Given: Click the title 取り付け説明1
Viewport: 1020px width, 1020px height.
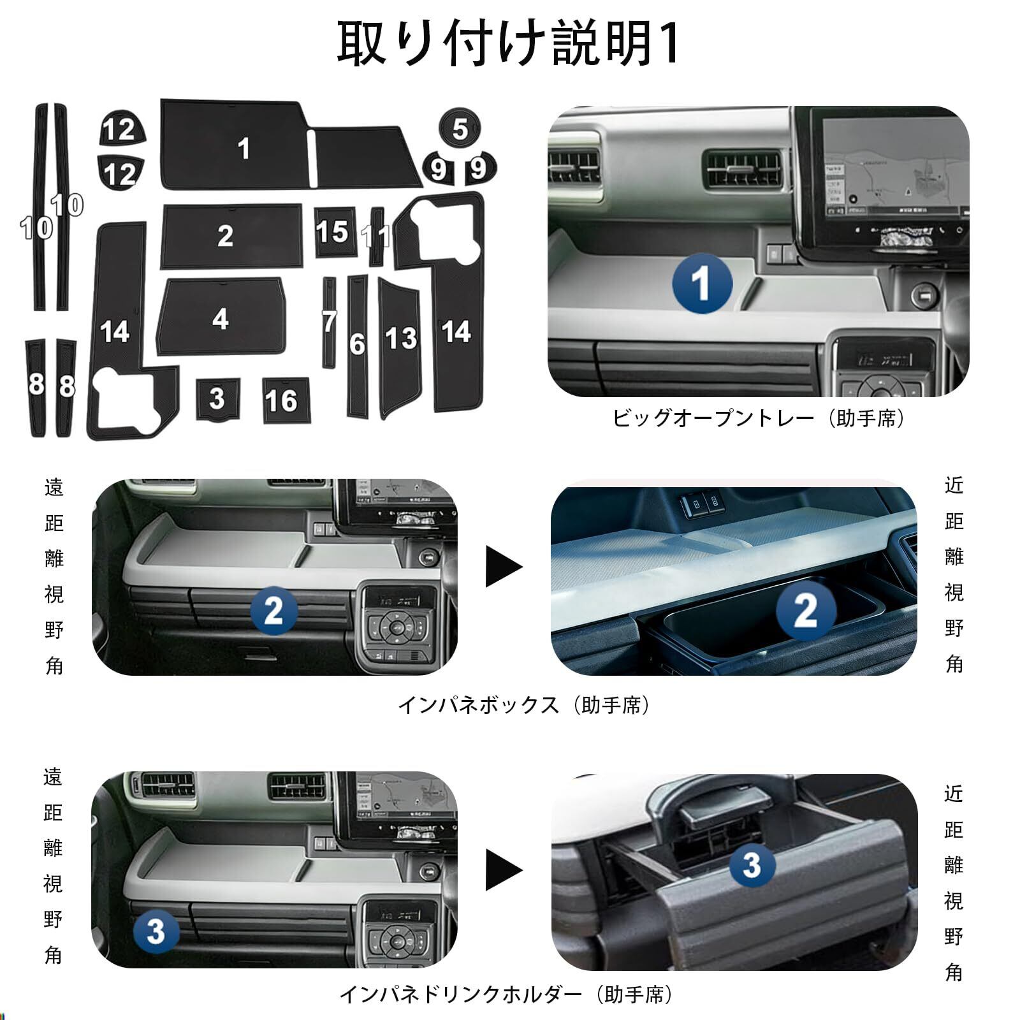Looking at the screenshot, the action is (x=508, y=43).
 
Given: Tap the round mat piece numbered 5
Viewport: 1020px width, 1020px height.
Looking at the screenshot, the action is (x=460, y=129).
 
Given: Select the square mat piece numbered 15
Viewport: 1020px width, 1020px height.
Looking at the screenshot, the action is (x=335, y=232).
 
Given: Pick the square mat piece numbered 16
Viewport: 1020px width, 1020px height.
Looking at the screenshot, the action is (x=286, y=400).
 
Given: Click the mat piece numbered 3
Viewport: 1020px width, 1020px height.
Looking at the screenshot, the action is (x=217, y=399).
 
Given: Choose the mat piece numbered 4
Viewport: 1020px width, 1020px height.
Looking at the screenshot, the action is (x=221, y=317).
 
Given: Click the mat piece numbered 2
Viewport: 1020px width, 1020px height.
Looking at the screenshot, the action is (x=231, y=236).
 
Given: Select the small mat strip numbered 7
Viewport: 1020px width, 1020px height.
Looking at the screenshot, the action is (x=329, y=322).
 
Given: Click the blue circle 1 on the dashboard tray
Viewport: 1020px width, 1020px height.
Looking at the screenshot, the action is (x=702, y=284).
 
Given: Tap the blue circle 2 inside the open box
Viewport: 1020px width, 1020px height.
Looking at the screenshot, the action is (x=806, y=610).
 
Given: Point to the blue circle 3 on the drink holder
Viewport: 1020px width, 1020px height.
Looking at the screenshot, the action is (x=752, y=865).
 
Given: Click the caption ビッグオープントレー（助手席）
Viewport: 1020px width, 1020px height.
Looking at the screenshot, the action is (x=759, y=418).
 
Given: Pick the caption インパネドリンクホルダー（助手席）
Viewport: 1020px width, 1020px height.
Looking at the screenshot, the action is (x=506, y=994).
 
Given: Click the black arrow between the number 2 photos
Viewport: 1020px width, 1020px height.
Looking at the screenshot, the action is (x=504, y=566).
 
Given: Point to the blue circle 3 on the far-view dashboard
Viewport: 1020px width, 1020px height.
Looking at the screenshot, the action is (x=156, y=931).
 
